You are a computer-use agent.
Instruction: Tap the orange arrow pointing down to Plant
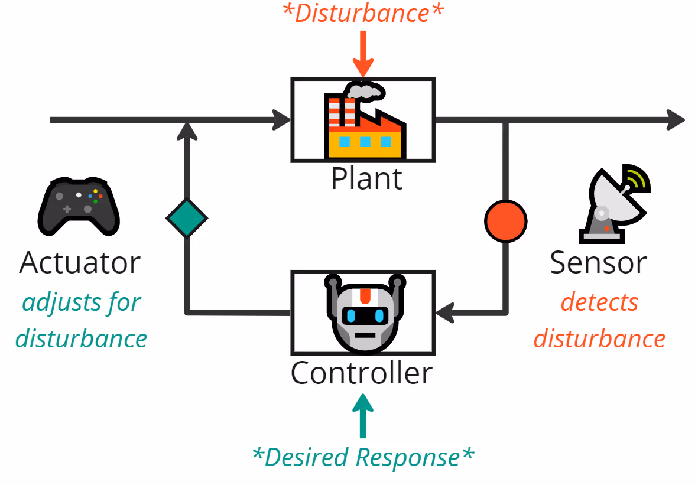(363, 56)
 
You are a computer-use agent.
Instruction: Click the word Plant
(366, 178)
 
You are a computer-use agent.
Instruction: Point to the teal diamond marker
(187, 218)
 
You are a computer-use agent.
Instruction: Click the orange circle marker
(505, 221)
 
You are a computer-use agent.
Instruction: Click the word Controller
(362, 373)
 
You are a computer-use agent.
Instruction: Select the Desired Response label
(363, 457)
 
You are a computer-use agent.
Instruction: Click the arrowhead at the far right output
(675, 120)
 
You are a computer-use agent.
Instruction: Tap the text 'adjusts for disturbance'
(82, 321)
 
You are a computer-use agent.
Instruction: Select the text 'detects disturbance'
(599, 321)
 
